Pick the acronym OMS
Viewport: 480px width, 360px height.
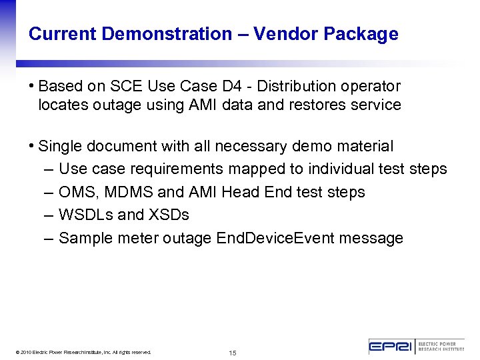[75, 192]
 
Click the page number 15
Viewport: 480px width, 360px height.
[233, 353]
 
